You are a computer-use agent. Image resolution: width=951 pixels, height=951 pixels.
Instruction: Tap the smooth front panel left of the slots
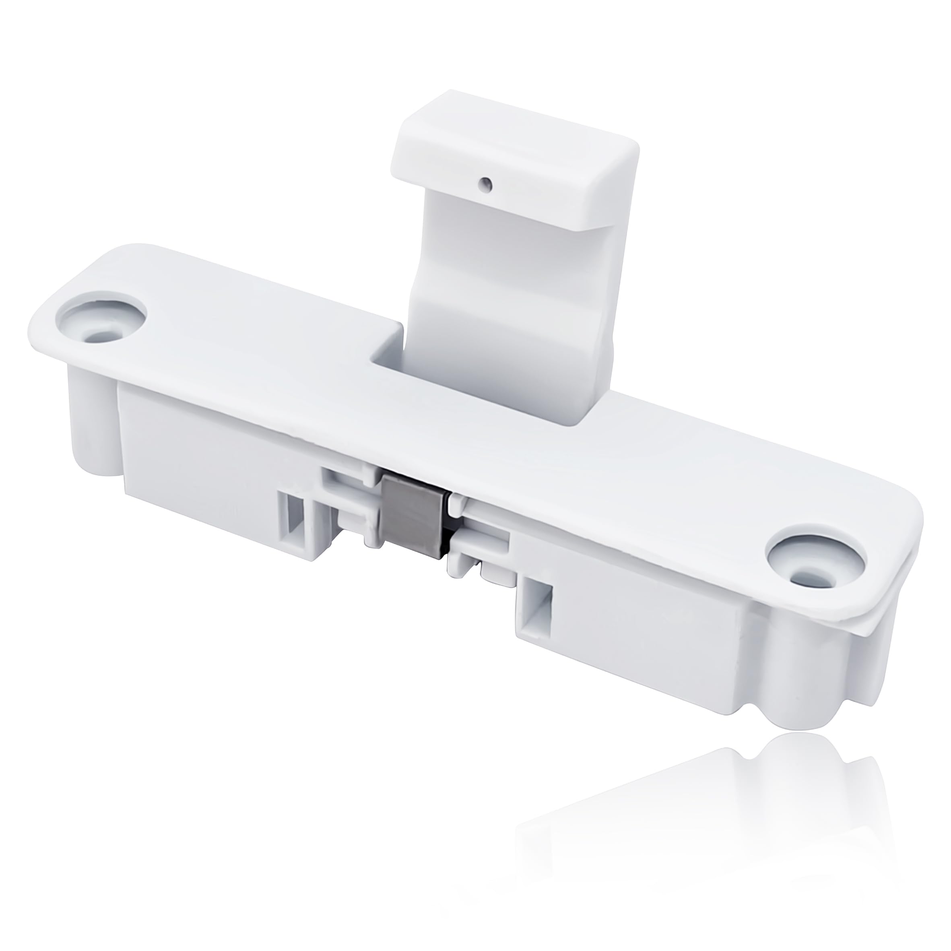[197, 468]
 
